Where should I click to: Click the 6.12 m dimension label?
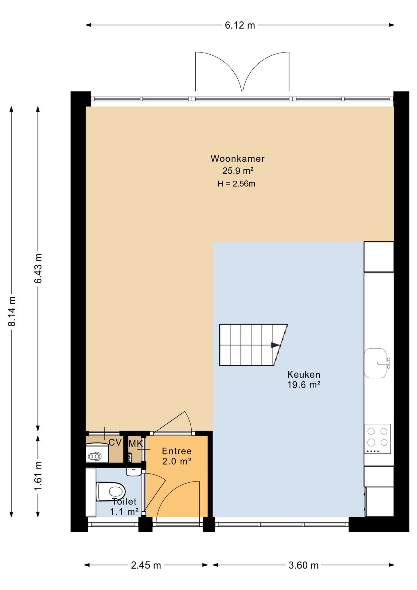point(240,25)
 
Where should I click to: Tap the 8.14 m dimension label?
point(12,311)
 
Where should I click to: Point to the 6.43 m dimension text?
point(38,269)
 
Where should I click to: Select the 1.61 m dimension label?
point(38,476)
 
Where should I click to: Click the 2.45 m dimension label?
point(146,565)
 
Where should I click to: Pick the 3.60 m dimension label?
point(303,565)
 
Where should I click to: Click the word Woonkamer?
point(237,159)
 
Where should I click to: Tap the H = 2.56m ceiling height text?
point(236,184)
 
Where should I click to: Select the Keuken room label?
point(304,374)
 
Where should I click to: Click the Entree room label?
point(177,451)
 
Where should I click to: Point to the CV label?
point(115,442)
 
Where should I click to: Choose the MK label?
point(136,444)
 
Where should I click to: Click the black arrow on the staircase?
point(275,345)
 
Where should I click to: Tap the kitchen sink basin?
point(375,363)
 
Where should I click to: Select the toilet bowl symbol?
point(111,491)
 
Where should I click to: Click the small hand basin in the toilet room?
point(134,472)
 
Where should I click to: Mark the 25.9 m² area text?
point(238,171)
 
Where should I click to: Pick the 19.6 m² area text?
point(304,385)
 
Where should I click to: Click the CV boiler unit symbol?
point(97,452)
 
